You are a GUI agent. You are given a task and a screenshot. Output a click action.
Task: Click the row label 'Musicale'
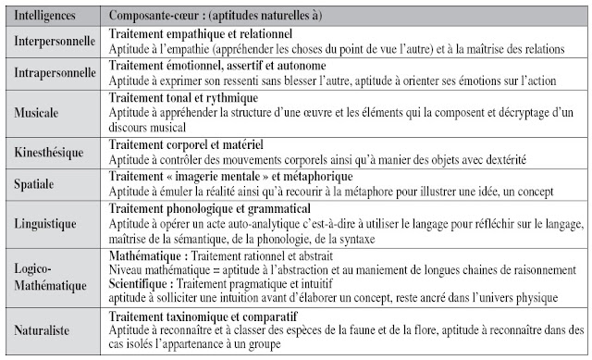point(37,112)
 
